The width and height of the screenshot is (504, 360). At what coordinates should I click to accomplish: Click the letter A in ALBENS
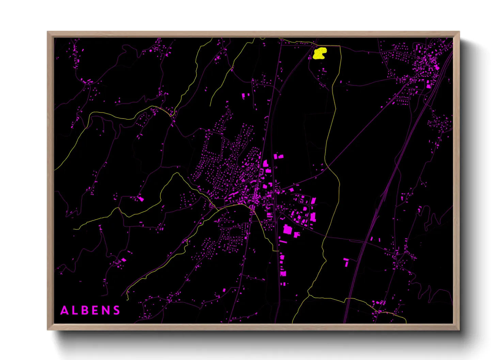tap(64, 310)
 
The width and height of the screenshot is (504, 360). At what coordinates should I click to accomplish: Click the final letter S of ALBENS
tap(116, 310)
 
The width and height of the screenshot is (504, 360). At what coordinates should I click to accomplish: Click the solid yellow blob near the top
tap(319, 53)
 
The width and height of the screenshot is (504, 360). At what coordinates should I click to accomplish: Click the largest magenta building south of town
tap(288, 229)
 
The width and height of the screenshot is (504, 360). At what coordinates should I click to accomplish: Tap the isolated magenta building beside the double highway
tap(346, 262)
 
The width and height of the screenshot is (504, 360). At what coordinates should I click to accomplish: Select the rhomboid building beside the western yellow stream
tap(141, 199)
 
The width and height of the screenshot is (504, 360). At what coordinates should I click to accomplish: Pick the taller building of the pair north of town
tap(243, 96)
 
